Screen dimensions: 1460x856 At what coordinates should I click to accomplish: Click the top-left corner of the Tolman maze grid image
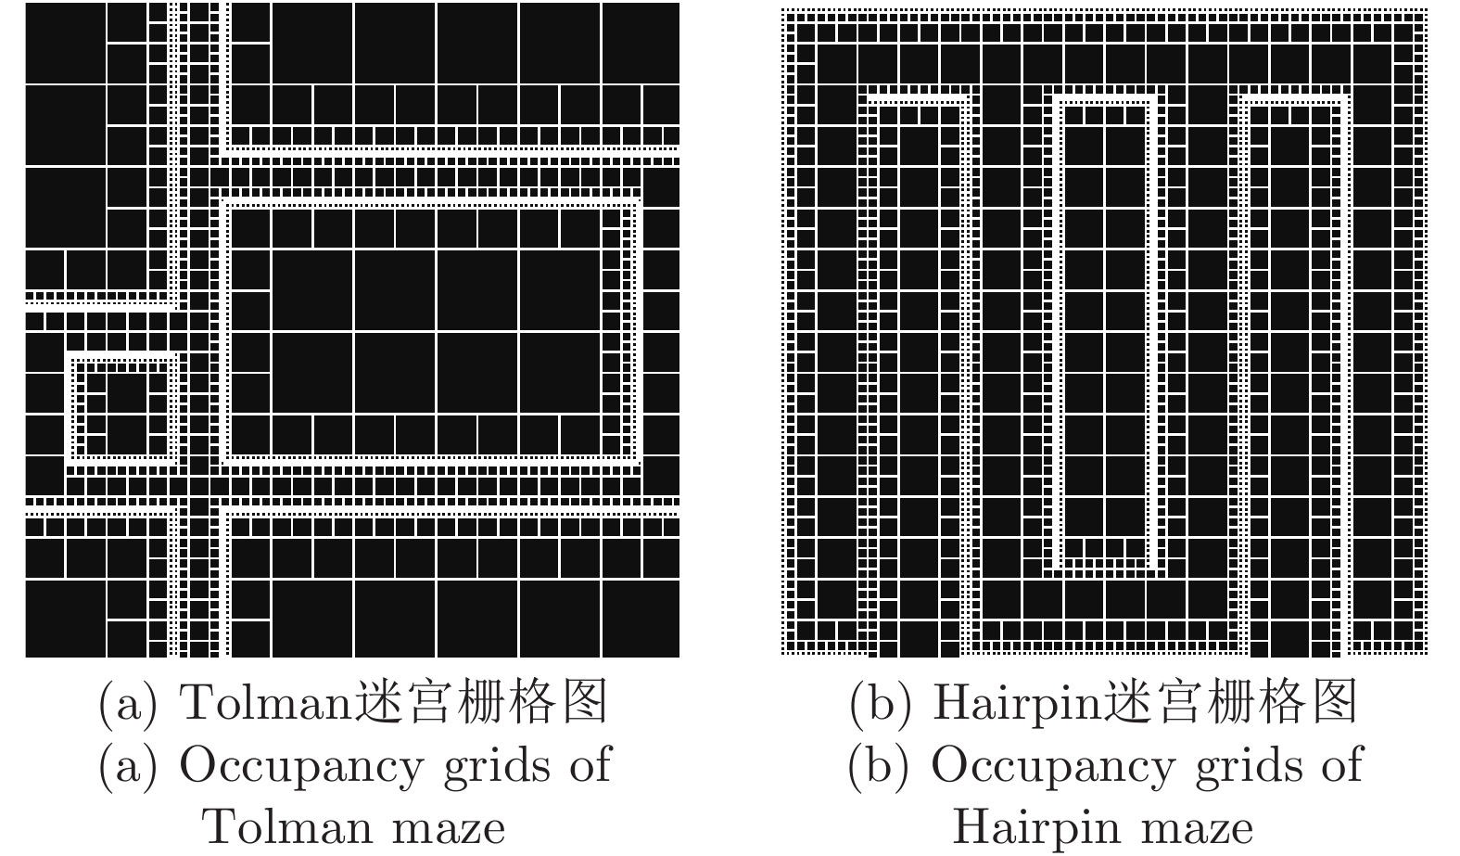point(25,3)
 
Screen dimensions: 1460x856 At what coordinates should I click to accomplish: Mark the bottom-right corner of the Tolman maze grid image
point(679,658)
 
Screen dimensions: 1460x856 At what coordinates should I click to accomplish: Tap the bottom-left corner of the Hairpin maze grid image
point(781,655)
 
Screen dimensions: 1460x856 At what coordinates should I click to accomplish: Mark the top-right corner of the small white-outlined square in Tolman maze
point(177,356)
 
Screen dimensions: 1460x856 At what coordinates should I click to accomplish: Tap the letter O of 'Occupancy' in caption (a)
point(198,765)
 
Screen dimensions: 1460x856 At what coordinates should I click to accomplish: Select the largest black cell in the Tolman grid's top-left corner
point(65,43)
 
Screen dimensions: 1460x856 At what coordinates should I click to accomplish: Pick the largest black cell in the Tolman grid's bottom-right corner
point(640,619)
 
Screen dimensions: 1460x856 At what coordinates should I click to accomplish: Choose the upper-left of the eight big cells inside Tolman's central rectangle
point(313,289)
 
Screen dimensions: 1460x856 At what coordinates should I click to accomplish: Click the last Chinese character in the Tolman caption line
point(585,701)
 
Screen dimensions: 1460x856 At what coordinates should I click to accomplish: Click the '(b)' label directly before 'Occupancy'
point(879,766)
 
